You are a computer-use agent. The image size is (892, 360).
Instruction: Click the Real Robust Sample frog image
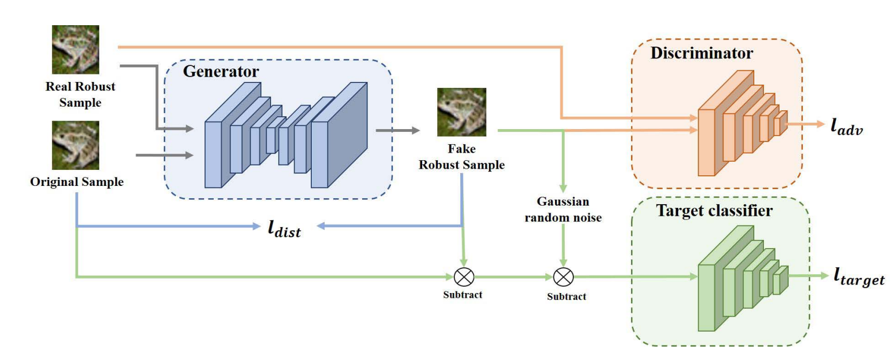[76, 49]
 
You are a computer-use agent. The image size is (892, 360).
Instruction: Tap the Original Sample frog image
[76, 145]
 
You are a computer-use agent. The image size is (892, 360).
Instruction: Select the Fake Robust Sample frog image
[461, 112]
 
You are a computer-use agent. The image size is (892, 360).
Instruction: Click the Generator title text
[221, 71]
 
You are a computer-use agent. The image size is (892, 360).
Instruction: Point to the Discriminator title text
[701, 53]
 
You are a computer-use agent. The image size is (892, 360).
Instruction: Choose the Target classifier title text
[714, 211]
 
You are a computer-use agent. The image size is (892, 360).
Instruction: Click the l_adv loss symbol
[846, 126]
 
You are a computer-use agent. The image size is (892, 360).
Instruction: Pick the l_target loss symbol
[859, 277]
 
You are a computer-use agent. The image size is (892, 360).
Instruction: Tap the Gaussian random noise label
[563, 209]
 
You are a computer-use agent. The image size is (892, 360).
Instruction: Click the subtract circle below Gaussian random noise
[563, 277]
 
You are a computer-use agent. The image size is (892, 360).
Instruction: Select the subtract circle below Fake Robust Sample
[464, 277]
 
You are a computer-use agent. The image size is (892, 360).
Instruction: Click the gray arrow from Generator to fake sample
[398, 130]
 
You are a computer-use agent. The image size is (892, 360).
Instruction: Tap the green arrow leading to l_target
[809, 276]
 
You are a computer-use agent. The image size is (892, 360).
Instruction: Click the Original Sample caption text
[77, 182]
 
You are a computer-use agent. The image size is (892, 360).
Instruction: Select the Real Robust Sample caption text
[80, 94]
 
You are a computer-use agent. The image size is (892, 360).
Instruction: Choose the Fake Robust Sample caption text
[461, 157]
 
